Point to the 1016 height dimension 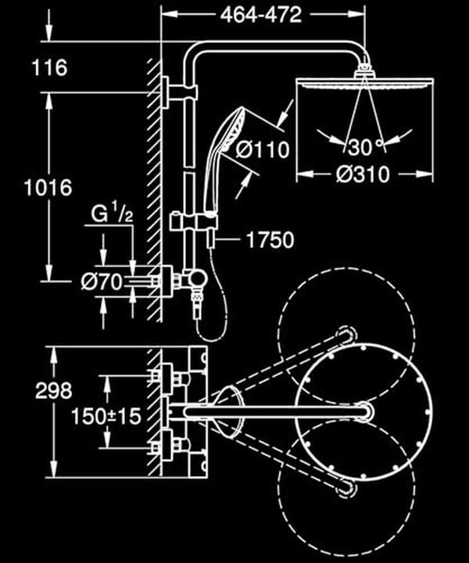pyautogui.click(x=48, y=188)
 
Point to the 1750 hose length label pyautogui.click(x=270, y=240)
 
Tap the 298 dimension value pyautogui.click(x=54, y=389)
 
